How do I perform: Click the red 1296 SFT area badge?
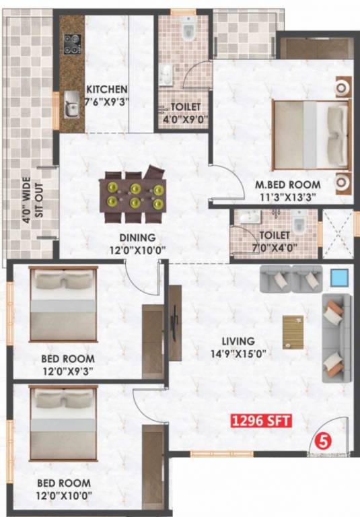point(261,422)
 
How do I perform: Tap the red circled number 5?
point(323,442)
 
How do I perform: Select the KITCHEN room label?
point(107,90)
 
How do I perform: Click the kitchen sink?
point(70,104)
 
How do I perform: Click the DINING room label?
point(137,238)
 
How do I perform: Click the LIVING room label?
point(241,341)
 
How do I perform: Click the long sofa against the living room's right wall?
point(335,338)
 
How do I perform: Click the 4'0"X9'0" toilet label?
point(183,112)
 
